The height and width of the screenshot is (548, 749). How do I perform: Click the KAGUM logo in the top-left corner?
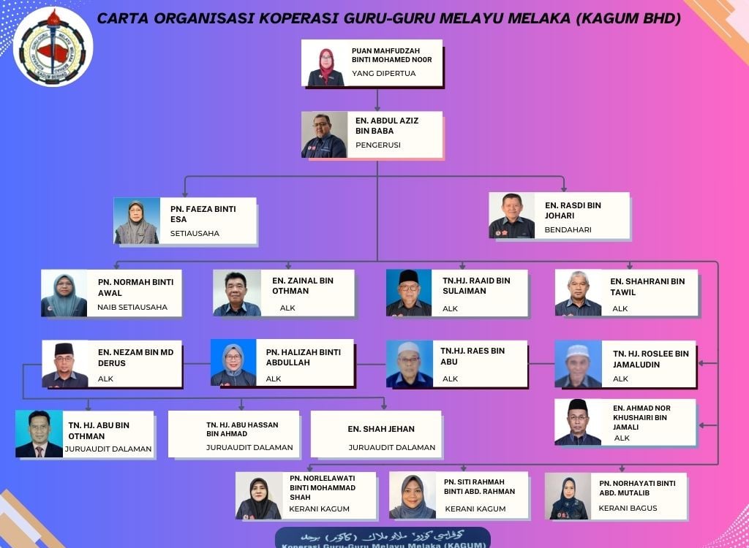53,46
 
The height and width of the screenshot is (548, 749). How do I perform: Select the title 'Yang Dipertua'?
384,73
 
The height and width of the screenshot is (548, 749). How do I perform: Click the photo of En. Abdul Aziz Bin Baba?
324,135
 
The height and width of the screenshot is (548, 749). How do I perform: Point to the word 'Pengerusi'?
378,145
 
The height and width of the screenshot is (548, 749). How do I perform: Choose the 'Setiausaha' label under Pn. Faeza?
195,234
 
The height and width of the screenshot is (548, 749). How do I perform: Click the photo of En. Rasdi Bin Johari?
512,216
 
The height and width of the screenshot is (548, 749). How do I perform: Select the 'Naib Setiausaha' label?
132,308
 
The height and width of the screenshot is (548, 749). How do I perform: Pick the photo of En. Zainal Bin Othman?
237,293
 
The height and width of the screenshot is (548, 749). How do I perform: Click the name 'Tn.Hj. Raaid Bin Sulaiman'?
476,285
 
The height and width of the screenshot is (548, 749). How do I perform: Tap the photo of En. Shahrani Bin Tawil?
578,293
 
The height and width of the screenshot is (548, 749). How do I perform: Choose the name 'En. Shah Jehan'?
381,429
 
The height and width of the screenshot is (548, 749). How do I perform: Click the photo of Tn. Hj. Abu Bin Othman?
39,434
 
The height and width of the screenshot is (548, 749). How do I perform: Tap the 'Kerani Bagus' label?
628,508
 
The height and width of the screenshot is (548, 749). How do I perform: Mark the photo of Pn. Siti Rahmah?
413,496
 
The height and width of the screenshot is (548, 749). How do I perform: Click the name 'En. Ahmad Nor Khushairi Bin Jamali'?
641,417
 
